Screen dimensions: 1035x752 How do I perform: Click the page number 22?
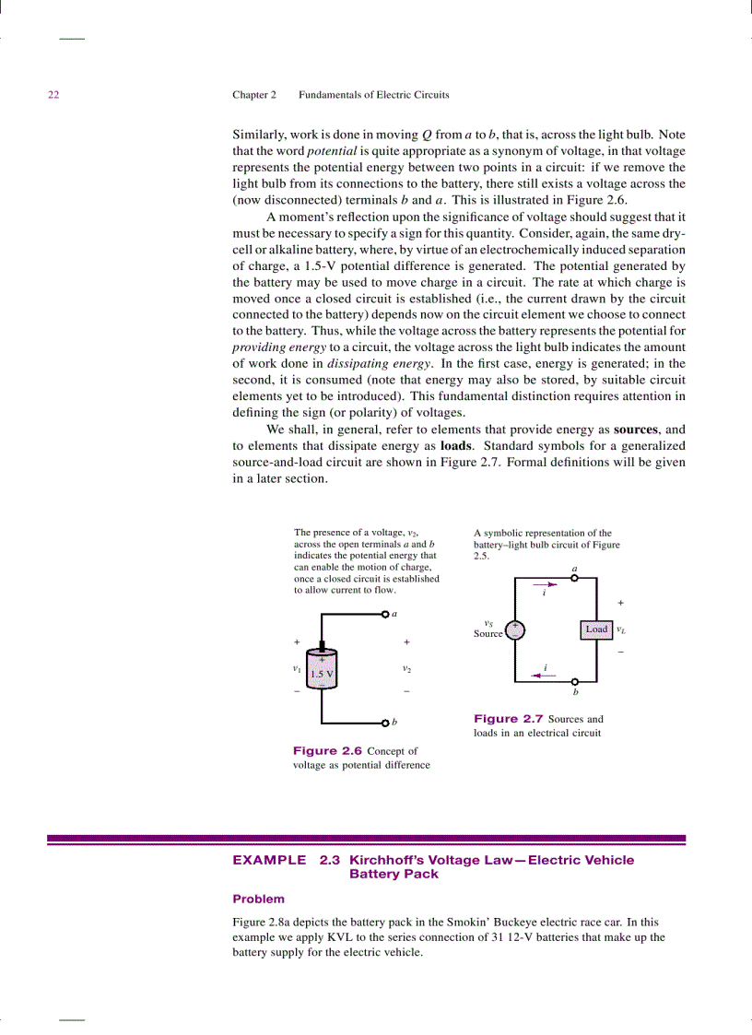(53, 95)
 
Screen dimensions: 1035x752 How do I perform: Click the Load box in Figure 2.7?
(597, 629)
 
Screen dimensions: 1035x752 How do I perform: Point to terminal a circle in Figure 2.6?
(384, 614)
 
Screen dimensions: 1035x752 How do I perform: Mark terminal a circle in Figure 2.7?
(575, 579)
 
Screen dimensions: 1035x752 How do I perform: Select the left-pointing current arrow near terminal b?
(545, 675)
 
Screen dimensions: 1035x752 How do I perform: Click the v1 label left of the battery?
(296, 667)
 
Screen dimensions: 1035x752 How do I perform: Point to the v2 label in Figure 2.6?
(406, 667)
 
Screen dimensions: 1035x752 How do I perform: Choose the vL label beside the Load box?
(621, 630)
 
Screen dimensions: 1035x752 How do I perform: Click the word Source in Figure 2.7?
(488, 634)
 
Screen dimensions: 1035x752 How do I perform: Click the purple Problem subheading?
(258, 899)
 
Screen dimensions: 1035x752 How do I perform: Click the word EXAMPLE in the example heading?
(269, 860)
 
